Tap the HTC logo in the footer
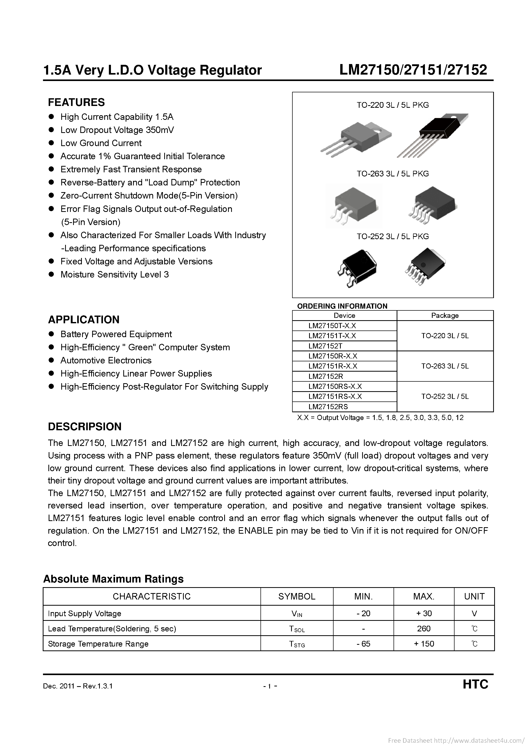(x=475, y=684)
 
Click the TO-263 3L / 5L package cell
(x=445, y=366)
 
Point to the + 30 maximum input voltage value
(x=424, y=613)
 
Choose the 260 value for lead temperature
(x=424, y=628)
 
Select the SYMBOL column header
(x=297, y=596)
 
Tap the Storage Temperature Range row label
(x=98, y=644)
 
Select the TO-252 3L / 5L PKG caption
(x=393, y=236)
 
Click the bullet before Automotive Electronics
(x=51, y=360)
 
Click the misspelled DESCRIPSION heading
(x=85, y=426)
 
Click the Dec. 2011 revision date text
(x=78, y=686)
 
